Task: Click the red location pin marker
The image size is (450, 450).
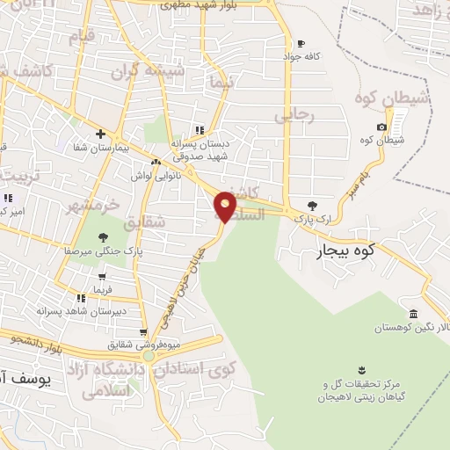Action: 226,205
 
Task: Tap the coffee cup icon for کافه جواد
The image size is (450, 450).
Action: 301,44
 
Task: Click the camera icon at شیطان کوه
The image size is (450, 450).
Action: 382,127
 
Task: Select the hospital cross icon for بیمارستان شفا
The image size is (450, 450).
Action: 102,134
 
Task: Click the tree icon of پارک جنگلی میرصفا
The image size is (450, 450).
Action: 104,236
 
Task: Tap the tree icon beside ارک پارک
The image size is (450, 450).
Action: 312,206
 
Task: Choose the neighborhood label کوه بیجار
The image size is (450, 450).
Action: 345,254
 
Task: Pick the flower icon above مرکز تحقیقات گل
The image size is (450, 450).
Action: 359,367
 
